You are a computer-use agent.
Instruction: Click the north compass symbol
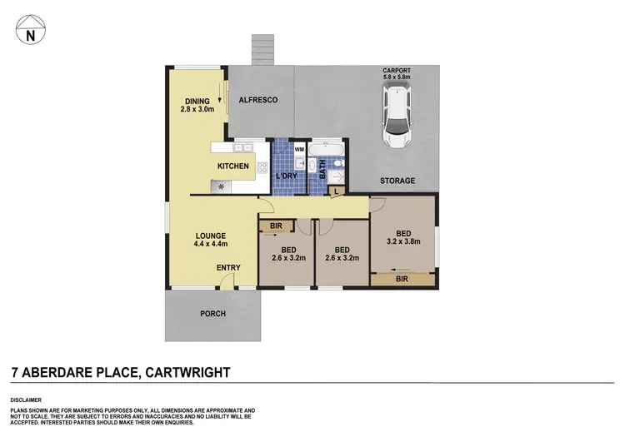(x=31, y=32)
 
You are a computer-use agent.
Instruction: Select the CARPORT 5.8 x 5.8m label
(x=397, y=76)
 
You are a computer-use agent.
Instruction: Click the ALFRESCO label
(x=257, y=100)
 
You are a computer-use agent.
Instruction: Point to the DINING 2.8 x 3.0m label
(x=197, y=104)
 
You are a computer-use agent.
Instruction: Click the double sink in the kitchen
(x=243, y=147)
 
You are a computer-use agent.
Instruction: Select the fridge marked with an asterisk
(x=221, y=186)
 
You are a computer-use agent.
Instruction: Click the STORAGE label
(x=397, y=180)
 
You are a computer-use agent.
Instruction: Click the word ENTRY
(x=228, y=267)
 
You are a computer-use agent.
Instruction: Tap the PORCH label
(x=212, y=314)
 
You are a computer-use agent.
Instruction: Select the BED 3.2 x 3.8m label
(x=402, y=237)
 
